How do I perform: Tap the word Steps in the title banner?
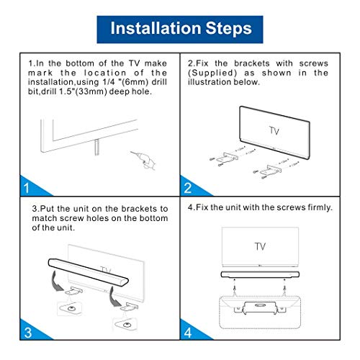click(x=226, y=29)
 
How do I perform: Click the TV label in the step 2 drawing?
click(x=274, y=131)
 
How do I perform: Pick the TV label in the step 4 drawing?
click(x=259, y=246)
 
